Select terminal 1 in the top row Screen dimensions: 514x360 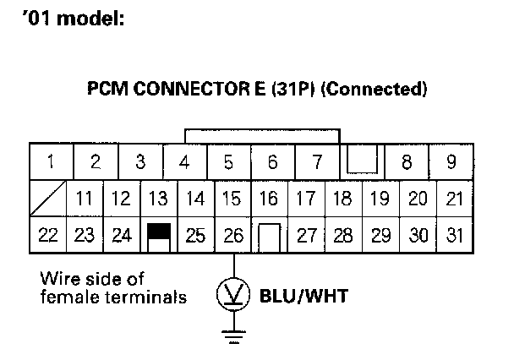coord(52,161)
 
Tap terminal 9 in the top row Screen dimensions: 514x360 coord(451,161)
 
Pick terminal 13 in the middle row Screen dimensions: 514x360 coord(158,199)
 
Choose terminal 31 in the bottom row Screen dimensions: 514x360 coord(455,235)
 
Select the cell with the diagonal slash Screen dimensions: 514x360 coord(48,199)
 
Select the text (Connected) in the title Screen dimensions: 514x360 coord(373,88)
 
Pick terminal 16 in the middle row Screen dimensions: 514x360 coord(270,199)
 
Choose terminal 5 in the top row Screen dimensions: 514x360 coord(228,161)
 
